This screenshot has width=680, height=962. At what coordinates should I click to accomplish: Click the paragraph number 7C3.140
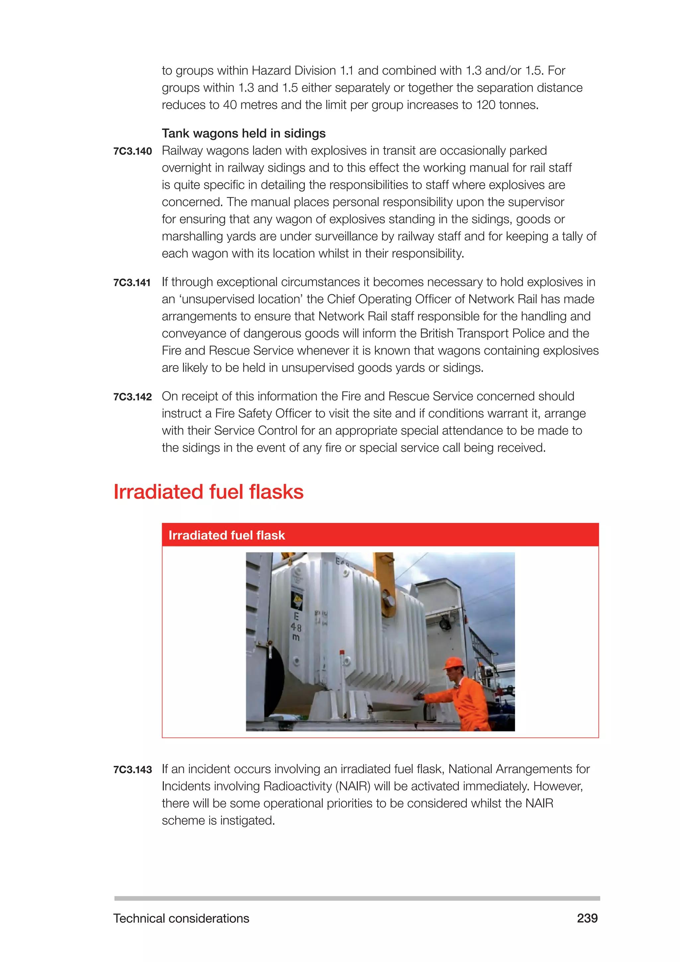pyautogui.click(x=132, y=151)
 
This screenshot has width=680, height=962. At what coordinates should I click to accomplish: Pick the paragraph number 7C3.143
pyautogui.click(x=132, y=770)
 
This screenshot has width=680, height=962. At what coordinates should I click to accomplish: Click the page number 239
pyautogui.click(x=587, y=918)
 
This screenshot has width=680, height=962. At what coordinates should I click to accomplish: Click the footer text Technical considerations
pyautogui.click(x=181, y=918)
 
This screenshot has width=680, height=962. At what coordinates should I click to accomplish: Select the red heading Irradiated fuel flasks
pyautogui.click(x=208, y=492)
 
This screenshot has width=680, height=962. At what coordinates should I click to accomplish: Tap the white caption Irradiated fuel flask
pyautogui.click(x=226, y=535)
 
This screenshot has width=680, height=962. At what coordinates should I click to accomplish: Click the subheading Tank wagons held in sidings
pyautogui.click(x=243, y=133)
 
